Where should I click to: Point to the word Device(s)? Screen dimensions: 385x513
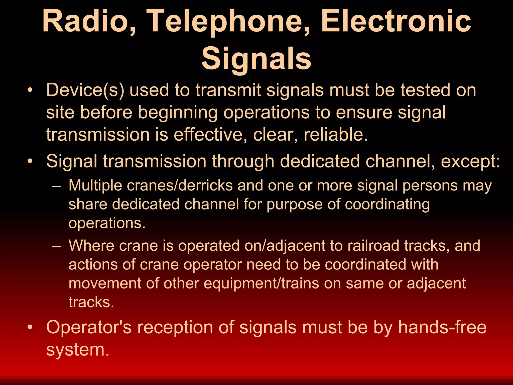(x=85, y=90)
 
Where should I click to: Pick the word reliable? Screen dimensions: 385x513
(x=336, y=135)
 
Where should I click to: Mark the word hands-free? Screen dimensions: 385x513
(x=442, y=327)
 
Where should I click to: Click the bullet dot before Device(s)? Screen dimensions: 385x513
(x=30, y=91)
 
